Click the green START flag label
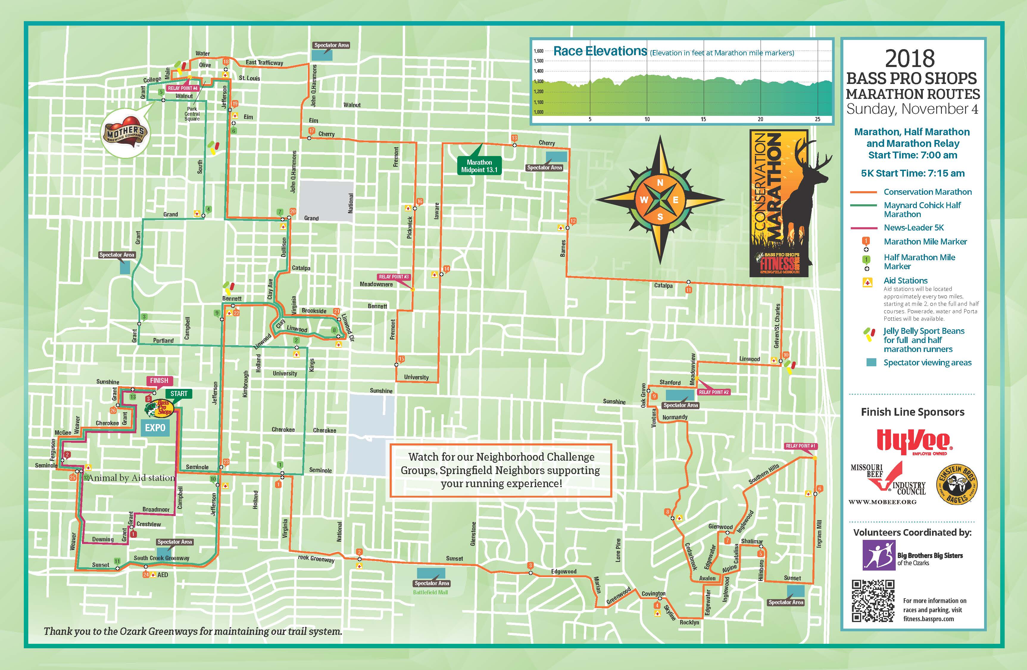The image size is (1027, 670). [x=179, y=394]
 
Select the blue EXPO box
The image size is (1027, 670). [x=155, y=428]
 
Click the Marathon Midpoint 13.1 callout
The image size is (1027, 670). [x=479, y=166]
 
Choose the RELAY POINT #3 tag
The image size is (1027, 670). [x=394, y=277]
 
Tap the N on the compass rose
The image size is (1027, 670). [x=660, y=183]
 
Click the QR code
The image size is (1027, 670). [x=873, y=601]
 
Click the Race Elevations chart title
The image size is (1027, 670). [x=600, y=52]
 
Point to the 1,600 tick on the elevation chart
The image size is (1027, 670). [x=539, y=51]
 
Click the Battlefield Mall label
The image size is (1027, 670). [x=430, y=592]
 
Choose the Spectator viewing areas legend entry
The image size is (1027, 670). [x=927, y=363]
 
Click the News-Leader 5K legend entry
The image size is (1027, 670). [x=914, y=228]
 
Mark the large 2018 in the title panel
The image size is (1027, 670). [x=910, y=58]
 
